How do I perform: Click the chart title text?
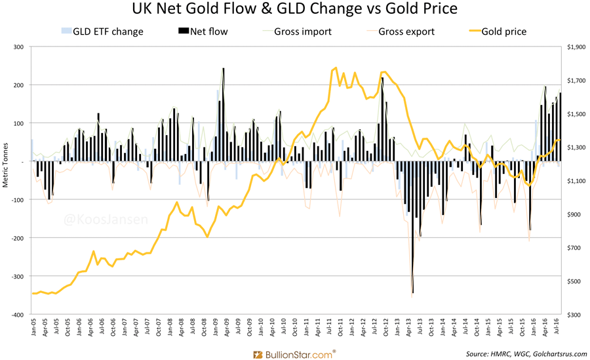pos(294,10)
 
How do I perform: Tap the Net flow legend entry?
pos(203,31)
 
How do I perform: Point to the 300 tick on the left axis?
pos(18,47)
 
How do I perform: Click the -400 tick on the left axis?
pos(16,314)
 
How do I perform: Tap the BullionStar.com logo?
pos(294,353)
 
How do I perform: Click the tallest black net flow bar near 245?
pos(224,115)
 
